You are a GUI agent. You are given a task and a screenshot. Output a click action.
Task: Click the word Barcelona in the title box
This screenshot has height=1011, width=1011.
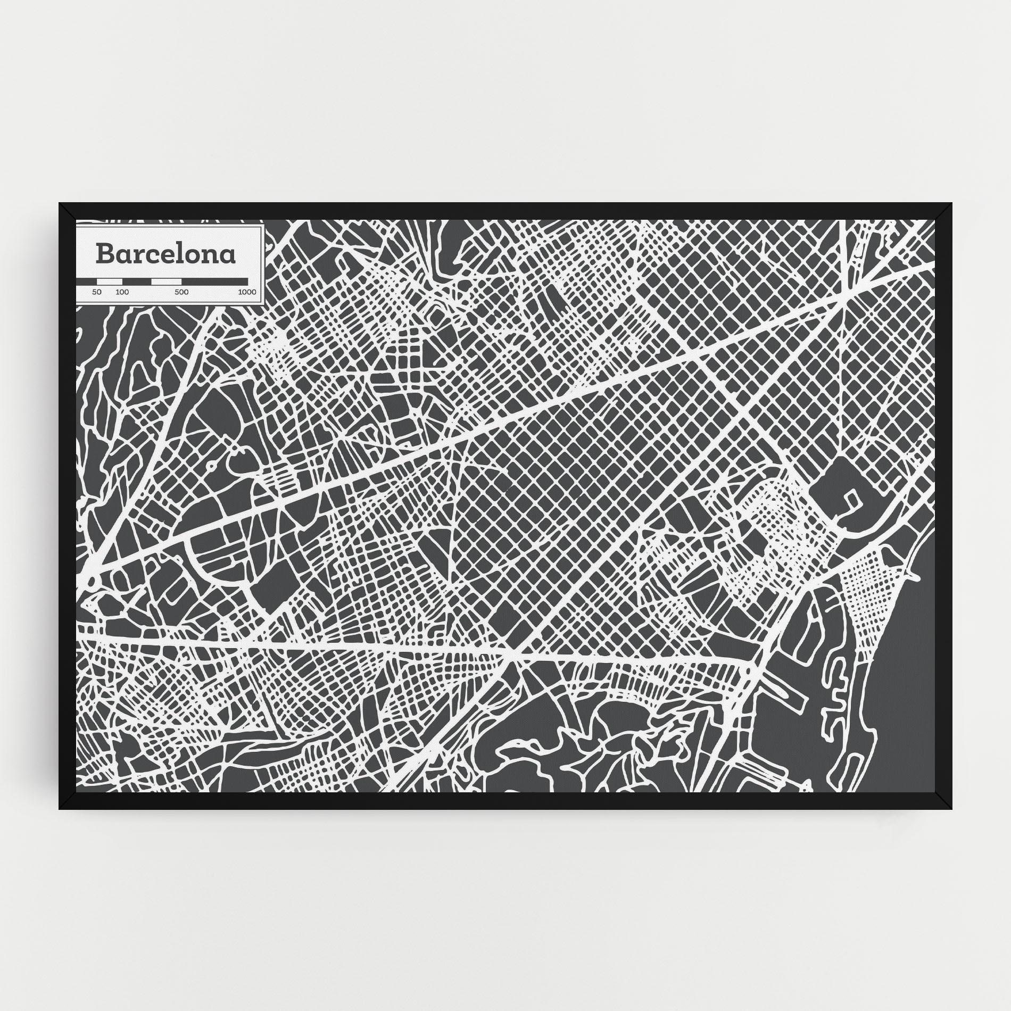click(x=165, y=254)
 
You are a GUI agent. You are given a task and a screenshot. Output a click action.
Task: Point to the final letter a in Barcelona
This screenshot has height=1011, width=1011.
click(x=228, y=256)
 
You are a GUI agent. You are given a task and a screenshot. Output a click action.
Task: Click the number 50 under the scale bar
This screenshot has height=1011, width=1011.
click(x=97, y=292)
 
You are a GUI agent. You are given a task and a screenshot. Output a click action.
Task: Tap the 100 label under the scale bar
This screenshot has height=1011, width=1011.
click(x=122, y=292)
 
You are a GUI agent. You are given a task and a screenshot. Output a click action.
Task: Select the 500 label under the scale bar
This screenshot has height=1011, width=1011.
click(x=182, y=292)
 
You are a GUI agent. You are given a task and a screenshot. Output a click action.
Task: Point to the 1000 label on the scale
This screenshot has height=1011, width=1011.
click(x=247, y=292)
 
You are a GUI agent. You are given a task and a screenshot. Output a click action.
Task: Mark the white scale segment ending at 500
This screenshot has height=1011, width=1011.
click(x=167, y=281)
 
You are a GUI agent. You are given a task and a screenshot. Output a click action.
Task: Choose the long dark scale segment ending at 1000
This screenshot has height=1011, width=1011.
click(x=214, y=281)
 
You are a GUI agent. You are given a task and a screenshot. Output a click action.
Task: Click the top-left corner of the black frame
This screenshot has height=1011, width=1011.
click(x=60, y=204)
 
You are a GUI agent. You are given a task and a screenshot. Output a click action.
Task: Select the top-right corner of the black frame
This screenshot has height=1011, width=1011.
click(x=951, y=204)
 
